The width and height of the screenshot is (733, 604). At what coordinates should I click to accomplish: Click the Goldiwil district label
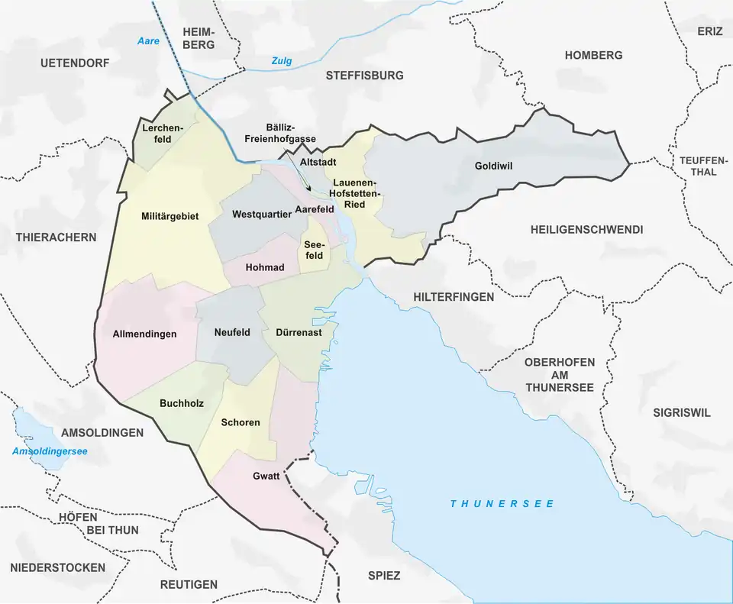click(x=492, y=165)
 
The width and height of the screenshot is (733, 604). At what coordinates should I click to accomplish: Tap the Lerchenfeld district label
click(x=161, y=133)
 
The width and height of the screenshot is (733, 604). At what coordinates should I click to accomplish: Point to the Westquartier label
click(x=262, y=214)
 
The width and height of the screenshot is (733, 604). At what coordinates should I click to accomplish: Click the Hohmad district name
click(x=265, y=267)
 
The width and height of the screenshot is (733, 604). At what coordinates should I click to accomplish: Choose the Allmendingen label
click(x=144, y=334)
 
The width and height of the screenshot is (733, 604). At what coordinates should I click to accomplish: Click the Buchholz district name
click(x=182, y=403)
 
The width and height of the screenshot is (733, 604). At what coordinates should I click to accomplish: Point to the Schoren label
click(x=241, y=422)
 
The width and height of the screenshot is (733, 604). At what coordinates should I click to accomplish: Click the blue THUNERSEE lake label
click(x=502, y=504)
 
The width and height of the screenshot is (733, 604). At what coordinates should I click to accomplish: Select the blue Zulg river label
click(x=282, y=61)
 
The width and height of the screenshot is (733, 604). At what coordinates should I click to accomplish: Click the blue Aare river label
click(x=148, y=40)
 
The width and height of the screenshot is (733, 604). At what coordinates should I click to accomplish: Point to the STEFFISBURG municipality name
click(x=364, y=76)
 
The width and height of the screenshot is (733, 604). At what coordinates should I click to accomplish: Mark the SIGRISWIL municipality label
click(x=681, y=412)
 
